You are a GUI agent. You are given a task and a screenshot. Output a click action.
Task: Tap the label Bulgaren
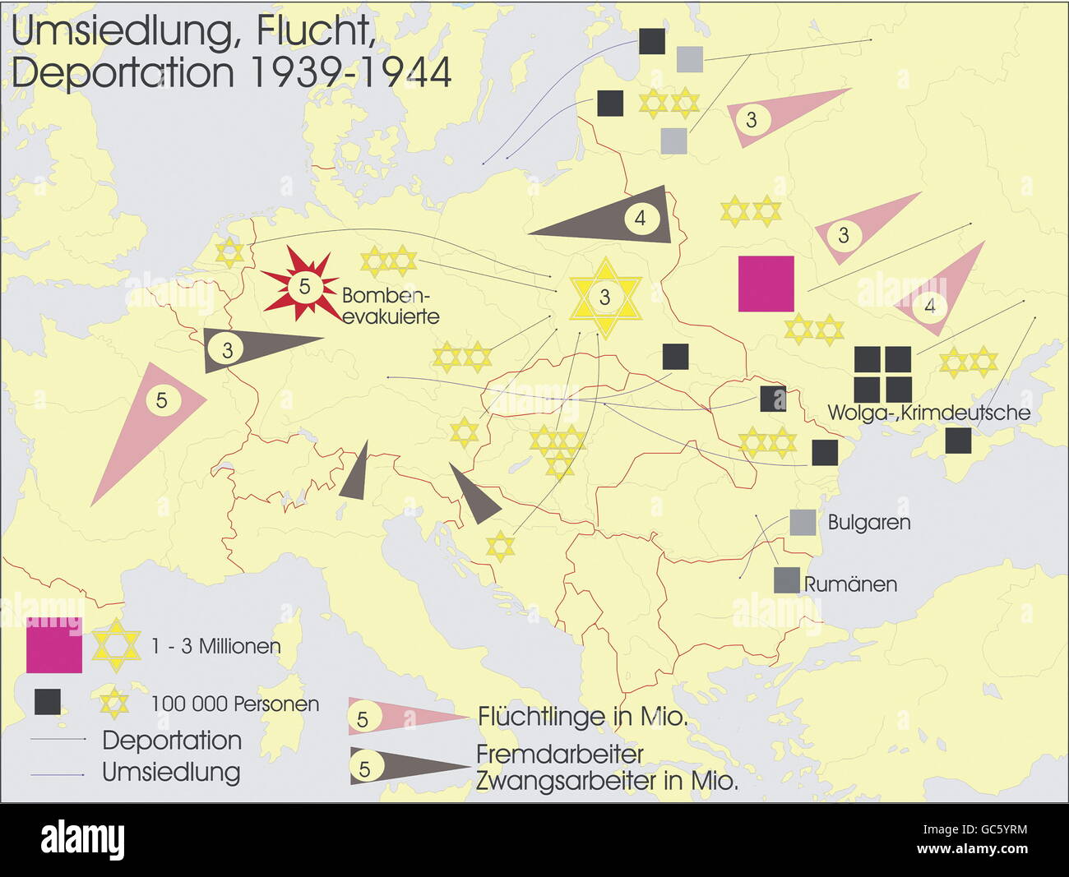click(868, 523)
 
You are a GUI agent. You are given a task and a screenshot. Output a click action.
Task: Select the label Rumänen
click(849, 584)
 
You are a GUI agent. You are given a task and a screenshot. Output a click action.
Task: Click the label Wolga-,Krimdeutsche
click(928, 413)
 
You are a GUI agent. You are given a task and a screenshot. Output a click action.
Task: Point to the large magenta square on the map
click(766, 284)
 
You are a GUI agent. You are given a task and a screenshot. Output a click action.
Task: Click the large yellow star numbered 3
click(605, 298)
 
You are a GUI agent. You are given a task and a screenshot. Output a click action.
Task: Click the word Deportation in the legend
click(171, 740)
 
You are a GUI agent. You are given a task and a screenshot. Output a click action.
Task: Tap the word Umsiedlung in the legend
click(171, 772)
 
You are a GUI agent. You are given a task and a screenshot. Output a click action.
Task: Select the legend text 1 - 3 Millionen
click(215, 647)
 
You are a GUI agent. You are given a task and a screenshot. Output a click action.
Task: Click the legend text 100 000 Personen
click(234, 704)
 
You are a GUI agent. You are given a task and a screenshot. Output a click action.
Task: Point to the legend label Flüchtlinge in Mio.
click(582, 717)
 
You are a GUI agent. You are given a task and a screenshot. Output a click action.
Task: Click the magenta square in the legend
click(54, 644)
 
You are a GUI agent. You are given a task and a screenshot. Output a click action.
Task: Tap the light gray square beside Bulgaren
click(803, 522)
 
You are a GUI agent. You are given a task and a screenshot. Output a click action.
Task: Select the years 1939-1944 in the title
click(349, 72)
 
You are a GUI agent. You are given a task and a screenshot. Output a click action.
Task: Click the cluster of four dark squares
click(882, 374)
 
